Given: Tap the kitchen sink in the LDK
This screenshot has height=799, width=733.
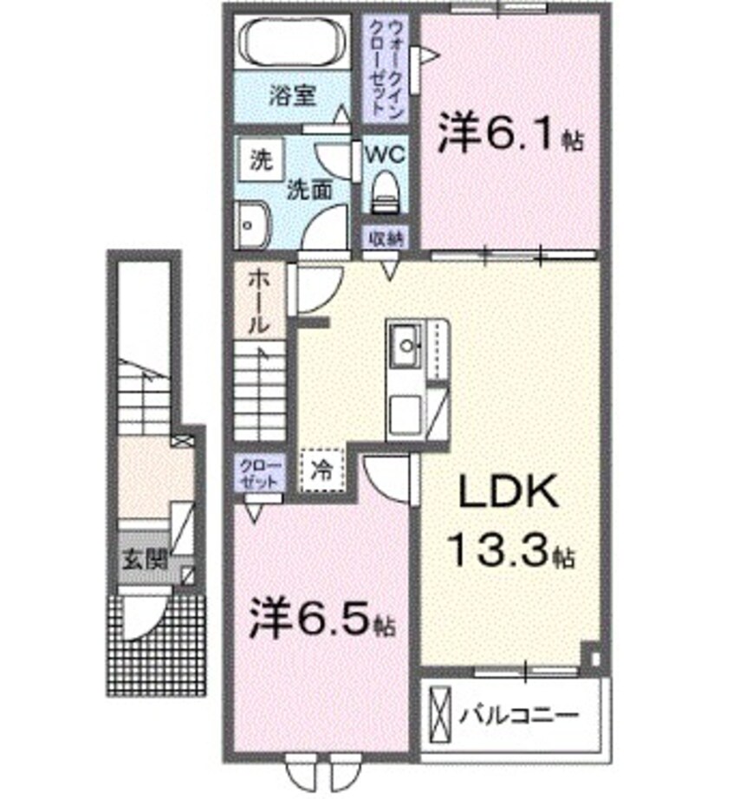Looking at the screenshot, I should pyautogui.click(x=405, y=348).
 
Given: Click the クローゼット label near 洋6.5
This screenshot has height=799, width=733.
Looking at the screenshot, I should pyautogui.click(x=259, y=473).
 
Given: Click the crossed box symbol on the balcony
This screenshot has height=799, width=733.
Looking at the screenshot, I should pyautogui.click(x=441, y=716).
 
